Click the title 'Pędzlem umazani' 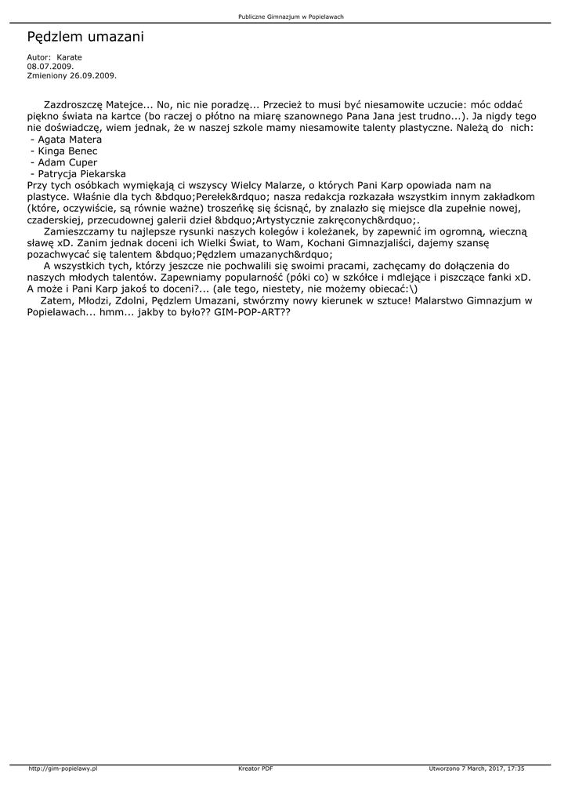[85, 37]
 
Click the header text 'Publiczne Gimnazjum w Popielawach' [291, 16]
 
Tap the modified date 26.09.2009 [93, 75]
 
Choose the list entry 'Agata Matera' [71, 139]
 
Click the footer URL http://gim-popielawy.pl [63, 769]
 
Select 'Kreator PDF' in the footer [255, 769]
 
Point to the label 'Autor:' [39, 57]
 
